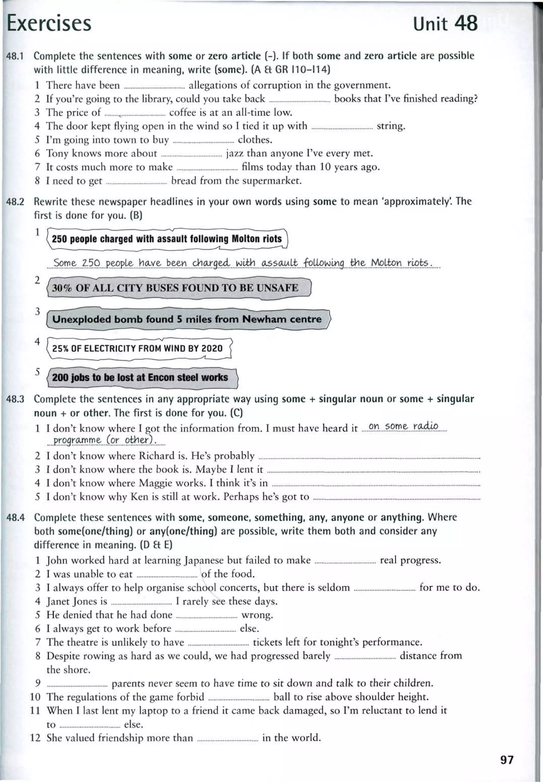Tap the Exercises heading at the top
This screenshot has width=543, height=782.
coord(49,24)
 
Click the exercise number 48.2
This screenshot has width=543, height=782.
coord(15,202)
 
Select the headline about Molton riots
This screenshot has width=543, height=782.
coord(167,239)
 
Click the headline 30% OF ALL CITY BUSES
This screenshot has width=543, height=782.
coord(175,288)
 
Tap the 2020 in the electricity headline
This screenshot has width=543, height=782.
coord(212,348)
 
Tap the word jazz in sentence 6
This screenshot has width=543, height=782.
coord(235,154)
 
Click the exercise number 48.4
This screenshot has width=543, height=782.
coord(16,518)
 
